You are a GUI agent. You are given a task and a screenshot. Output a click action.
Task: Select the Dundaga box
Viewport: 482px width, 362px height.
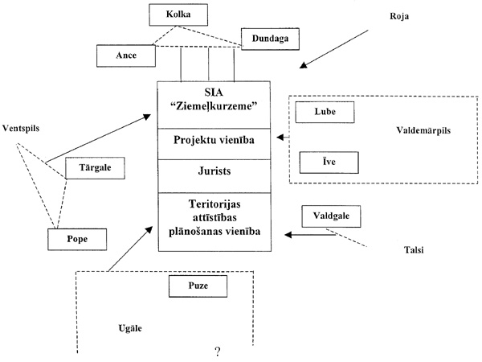pyautogui.click(x=267, y=38)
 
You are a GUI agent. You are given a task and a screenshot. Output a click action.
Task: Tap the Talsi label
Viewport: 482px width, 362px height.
pyautogui.click(x=414, y=250)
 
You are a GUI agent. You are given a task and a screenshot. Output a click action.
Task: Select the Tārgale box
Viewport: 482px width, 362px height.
pyautogui.click(x=94, y=168)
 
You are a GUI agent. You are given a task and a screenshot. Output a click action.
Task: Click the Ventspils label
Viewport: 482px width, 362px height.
pyautogui.click(x=22, y=128)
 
